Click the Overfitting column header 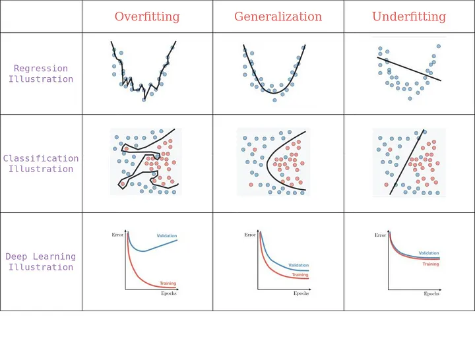pyautogui.click(x=147, y=17)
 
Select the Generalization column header pyautogui.click(x=278, y=17)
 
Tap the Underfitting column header pyautogui.click(x=409, y=17)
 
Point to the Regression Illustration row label pyautogui.click(x=41, y=74)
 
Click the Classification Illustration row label pyautogui.click(x=41, y=164)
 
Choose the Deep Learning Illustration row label pyautogui.click(x=41, y=262)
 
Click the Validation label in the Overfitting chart pyautogui.click(x=167, y=236)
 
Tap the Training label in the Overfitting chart pyautogui.click(x=168, y=284)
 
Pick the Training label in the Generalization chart pyautogui.click(x=300, y=275)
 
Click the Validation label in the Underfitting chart pyautogui.click(x=429, y=253)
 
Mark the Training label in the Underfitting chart pyautogui.click(x=430, y=264)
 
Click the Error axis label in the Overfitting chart pyautogui.click(x=117, y=235)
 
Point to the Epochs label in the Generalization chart pyautogui.click(x=300, y=293)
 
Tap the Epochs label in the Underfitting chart pyautogui.click(x=431, y=293)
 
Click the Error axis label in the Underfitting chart pyautogui.click(x=380, y=235)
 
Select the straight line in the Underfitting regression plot pyautogui.click(x=409, y=69)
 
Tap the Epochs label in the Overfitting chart pyautogui.click(x=169, y=293)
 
